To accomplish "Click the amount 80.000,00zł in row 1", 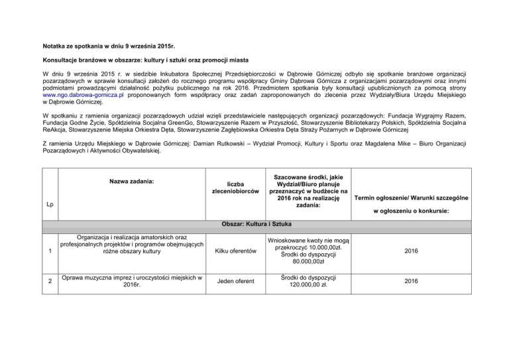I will click(x=308, y=261).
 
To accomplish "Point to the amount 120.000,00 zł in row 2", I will click(x=308, y=285).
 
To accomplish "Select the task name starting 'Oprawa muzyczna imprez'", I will click(x=130, y=281).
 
